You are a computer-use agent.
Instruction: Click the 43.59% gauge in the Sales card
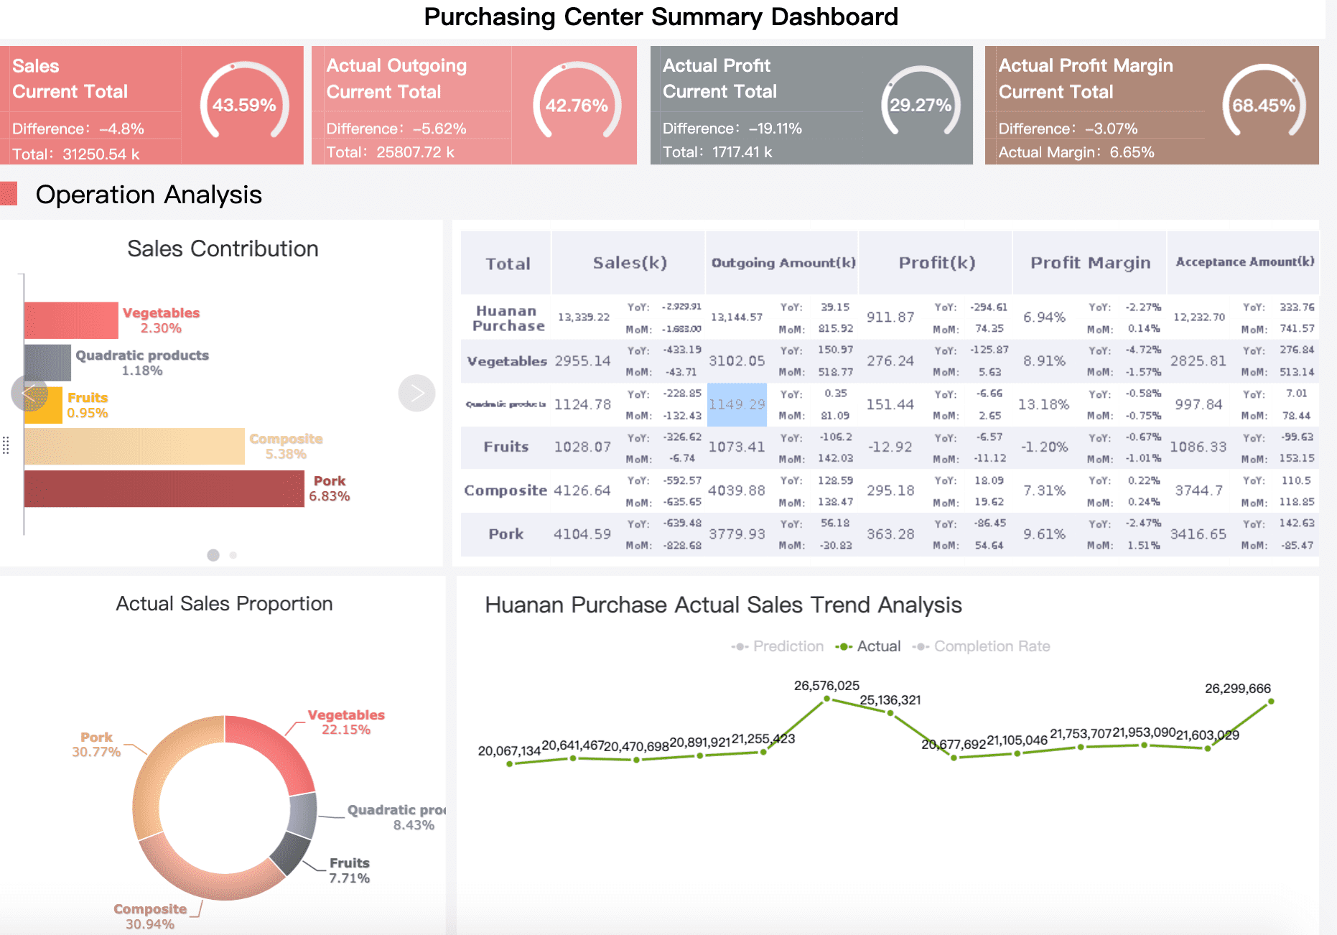(244, 105)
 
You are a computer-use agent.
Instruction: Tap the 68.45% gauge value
(1263, 106)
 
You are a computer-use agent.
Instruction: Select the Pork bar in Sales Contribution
(164, 489)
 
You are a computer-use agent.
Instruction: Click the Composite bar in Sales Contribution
(134, 447)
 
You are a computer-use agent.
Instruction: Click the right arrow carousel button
(416, 393)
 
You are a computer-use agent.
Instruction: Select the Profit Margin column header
(1090, 263)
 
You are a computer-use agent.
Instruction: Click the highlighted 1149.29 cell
(737, 405)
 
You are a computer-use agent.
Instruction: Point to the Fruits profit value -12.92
(890, 447)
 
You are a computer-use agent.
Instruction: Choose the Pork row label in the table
(506, 534)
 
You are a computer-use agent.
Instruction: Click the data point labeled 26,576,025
(826, 698)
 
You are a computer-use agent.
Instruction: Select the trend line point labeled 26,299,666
(1270, 701)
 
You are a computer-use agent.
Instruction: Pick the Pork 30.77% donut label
(96, 745)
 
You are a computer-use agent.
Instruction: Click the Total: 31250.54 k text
(76, 154)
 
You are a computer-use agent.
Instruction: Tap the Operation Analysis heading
(149, 195)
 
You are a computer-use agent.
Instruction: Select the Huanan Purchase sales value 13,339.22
(583, 317)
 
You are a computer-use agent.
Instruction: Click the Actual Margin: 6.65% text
(1076, 152)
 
